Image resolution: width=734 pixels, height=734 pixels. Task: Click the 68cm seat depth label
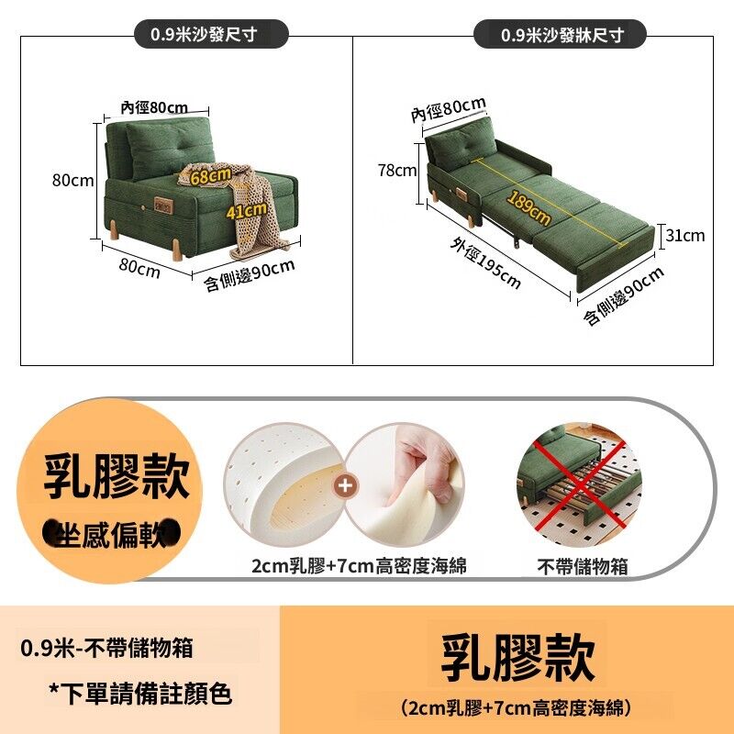211,176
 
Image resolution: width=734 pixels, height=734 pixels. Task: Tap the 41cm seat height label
247,211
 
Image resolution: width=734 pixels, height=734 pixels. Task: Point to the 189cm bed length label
528,208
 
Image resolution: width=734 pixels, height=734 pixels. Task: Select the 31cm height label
684,235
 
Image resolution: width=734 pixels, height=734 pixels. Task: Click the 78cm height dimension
397,171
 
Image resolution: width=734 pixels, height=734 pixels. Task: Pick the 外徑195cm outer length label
485,262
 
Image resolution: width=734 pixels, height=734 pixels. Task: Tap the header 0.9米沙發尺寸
204,34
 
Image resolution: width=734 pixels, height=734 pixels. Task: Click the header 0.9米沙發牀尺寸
562,35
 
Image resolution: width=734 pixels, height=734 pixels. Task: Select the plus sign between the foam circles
346,485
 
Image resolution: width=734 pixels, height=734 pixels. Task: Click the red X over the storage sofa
580,484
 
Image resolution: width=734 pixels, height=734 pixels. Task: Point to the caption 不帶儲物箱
582,566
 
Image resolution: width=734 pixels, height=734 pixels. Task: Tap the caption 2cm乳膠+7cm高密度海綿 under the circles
359,566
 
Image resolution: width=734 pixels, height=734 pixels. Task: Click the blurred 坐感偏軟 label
111,534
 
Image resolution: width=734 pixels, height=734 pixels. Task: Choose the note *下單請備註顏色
140,694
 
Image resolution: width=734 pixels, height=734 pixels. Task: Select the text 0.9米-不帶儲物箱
106,649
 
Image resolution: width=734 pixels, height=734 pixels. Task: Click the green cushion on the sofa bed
462,143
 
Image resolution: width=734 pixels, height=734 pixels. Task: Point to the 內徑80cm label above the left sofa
154,107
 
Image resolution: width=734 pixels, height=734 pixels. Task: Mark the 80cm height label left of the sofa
73,180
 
